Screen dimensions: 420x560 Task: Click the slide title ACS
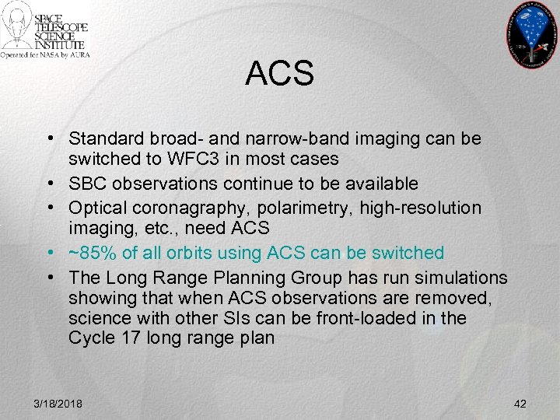279,75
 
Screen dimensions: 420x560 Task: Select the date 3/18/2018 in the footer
58,404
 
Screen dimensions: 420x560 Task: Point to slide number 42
520,404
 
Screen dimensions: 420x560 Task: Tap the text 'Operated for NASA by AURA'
45,55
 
